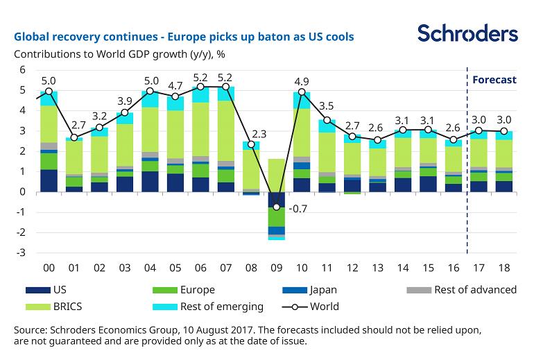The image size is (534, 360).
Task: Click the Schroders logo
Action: [x=467, y=33]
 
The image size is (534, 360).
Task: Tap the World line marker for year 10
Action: [x=302, y=92]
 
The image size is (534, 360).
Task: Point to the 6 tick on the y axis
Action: [x=21, y=70]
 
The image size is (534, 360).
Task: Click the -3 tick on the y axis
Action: [x=19, y=252]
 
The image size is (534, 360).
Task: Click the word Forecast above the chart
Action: [x=494, y=80]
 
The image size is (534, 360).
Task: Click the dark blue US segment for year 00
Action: [x=49, y=180]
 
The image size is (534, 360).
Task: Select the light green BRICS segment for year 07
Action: [x=226, y=131]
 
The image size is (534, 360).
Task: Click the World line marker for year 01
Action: [x=75, y=137]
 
